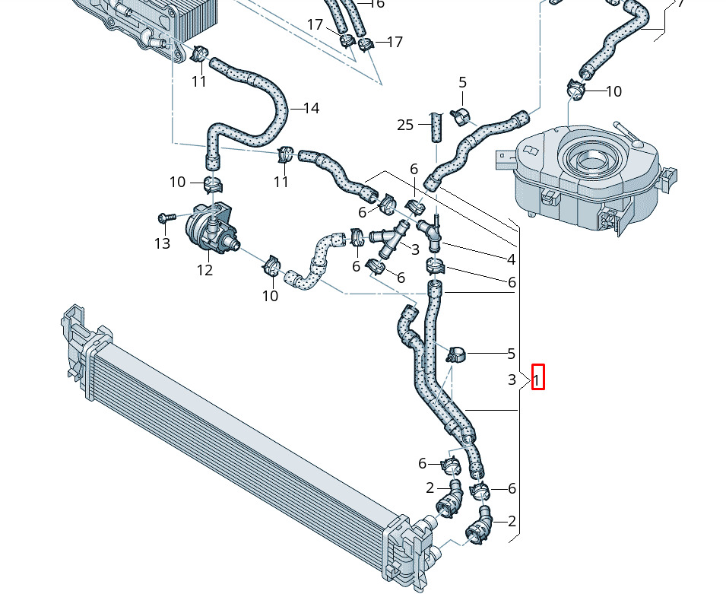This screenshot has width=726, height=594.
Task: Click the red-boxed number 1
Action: (x=537, y=378)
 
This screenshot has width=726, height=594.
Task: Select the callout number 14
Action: (x=311, y=109)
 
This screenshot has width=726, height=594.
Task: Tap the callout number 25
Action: (x=405, y=125)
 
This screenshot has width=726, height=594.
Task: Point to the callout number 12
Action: (x=204, y=270)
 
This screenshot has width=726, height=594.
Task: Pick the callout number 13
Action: (x=162, y=243)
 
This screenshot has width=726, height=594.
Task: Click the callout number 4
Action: (x=512, y=259)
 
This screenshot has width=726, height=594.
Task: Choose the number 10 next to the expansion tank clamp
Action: (x=613, y=91)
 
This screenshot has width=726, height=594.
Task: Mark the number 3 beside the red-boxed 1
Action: (x=512, y=379)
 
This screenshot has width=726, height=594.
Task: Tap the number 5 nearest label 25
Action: (x=462, y=83)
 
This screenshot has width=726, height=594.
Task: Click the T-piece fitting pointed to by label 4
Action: (x=432, y=232)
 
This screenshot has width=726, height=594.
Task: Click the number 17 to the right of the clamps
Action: (x=395, y=42)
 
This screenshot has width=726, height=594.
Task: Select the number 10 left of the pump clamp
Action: (x=177, y=182)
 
